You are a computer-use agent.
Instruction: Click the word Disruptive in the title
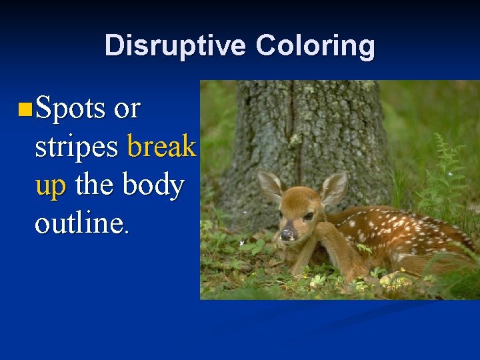coord(176,46)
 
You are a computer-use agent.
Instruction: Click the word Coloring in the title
coord(315,46)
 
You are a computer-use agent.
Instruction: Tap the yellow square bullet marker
coord(25,107)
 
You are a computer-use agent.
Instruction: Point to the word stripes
coord(77,147)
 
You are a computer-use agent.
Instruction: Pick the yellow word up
coord(51,186)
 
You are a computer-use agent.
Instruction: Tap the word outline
coord(78,223)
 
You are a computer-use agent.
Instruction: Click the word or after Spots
coord(127,109)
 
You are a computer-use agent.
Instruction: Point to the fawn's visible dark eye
coord(309,216)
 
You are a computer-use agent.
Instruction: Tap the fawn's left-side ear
coord(270,185)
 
